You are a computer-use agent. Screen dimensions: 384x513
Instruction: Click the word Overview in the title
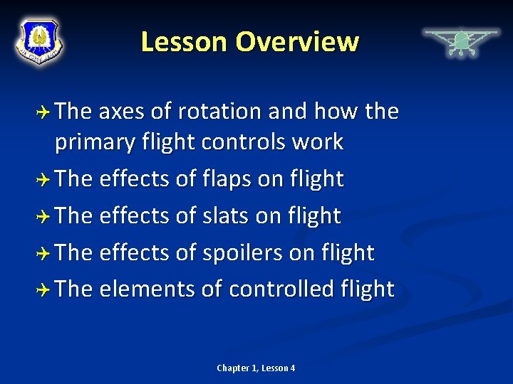point(297,42)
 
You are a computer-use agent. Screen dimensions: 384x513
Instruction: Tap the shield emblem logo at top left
point(39,41)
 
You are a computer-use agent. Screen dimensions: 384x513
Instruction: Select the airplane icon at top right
point(461,42)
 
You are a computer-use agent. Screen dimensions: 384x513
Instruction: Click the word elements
point(146,289)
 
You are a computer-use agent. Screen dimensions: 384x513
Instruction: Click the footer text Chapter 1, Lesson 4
point(256,368)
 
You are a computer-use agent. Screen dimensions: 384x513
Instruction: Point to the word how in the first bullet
point(336,112)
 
